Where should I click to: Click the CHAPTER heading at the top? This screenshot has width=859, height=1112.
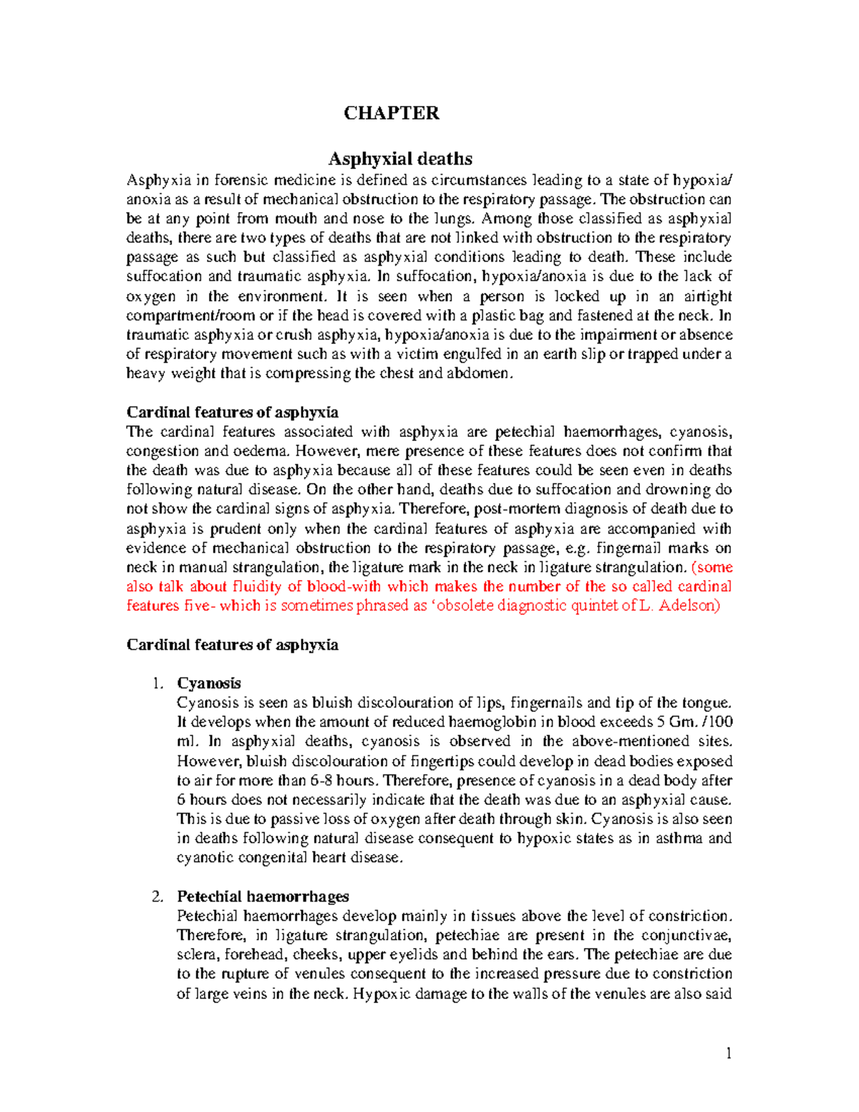(x=391, y=113)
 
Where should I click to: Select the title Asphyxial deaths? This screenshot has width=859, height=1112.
(x=399, y=158)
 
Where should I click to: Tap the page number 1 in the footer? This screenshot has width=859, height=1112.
(x=728, y=1053)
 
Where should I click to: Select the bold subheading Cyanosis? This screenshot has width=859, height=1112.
(x=209, y=683)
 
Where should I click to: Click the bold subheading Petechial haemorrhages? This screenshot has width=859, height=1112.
(x=263, y=896)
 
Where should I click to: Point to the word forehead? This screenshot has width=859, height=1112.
(x=256, y=954)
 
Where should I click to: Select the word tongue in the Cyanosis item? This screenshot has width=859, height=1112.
(x=707, y=703)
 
